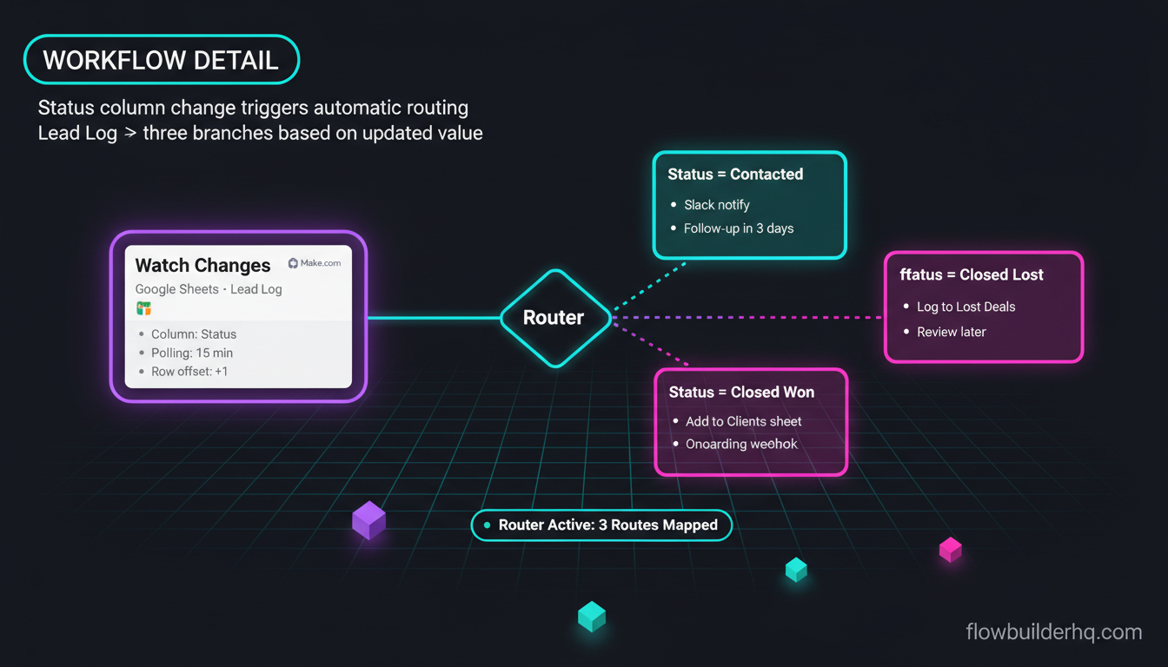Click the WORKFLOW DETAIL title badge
[162, 59]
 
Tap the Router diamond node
[556, 318]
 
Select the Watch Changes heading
[202, 265]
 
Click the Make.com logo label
[315, 263]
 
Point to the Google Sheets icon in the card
[144, 308]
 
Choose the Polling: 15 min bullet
[187, 353]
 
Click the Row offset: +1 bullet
[183, 372]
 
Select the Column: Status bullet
[189, 334]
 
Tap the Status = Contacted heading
[735, 174]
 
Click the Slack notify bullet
[710, 205]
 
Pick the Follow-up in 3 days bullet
[732, 228]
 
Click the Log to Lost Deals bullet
[959, 307]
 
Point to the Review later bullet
[945, 332]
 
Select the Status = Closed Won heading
[741, 392]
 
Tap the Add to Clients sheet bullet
[737, 421]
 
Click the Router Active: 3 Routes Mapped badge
[601, 525]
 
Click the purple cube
[369, 520]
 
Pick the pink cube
[951, 550]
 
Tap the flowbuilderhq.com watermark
[1054, 632]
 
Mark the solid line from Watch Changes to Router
[434, 317]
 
